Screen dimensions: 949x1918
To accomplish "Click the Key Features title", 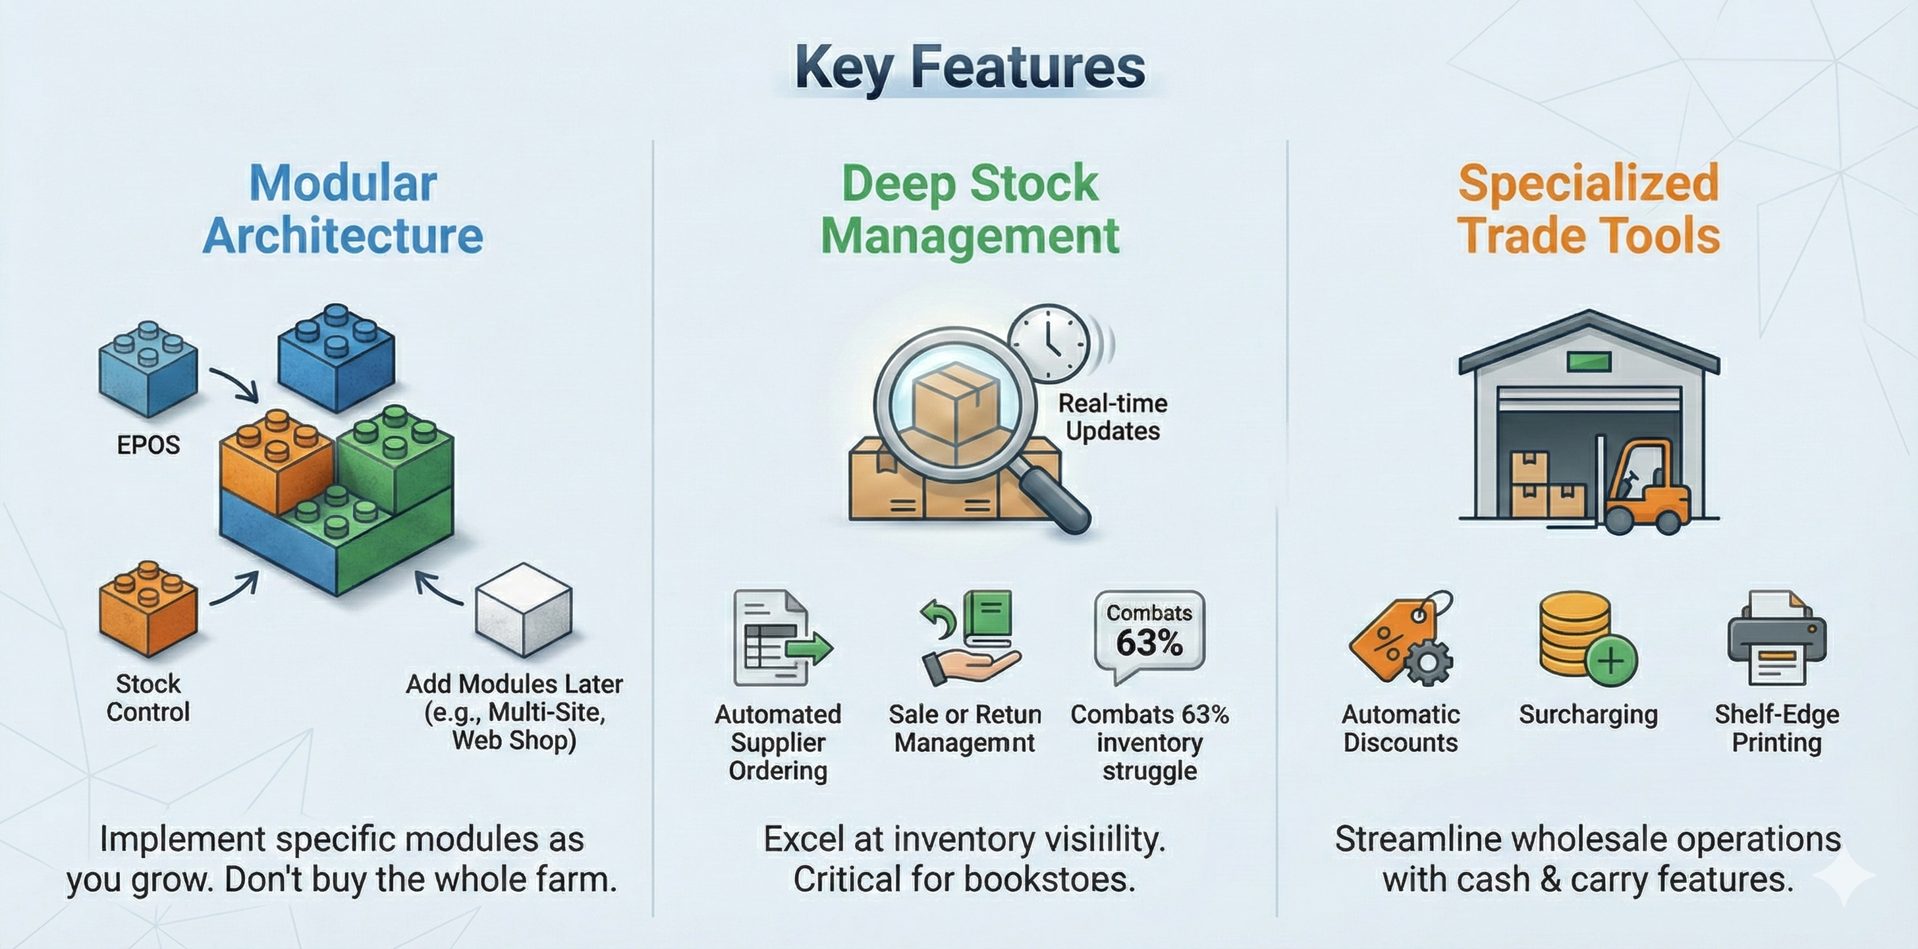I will (970, 69).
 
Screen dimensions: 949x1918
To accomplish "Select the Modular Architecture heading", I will (342, 210).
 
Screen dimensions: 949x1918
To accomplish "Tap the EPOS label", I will (148, 446).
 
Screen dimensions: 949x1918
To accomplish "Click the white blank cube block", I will (524, 610).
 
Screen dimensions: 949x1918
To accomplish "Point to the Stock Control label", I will (148, 698).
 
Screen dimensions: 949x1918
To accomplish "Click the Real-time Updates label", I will (1112, 417).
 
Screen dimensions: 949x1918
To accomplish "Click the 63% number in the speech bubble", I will (1149, 643).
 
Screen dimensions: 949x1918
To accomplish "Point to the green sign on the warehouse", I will (1589, 362).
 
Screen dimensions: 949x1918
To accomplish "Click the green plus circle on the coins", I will (1611, 660).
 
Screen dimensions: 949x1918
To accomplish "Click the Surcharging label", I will (1588, 714).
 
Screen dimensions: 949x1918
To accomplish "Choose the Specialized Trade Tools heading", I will (1588, 210).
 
